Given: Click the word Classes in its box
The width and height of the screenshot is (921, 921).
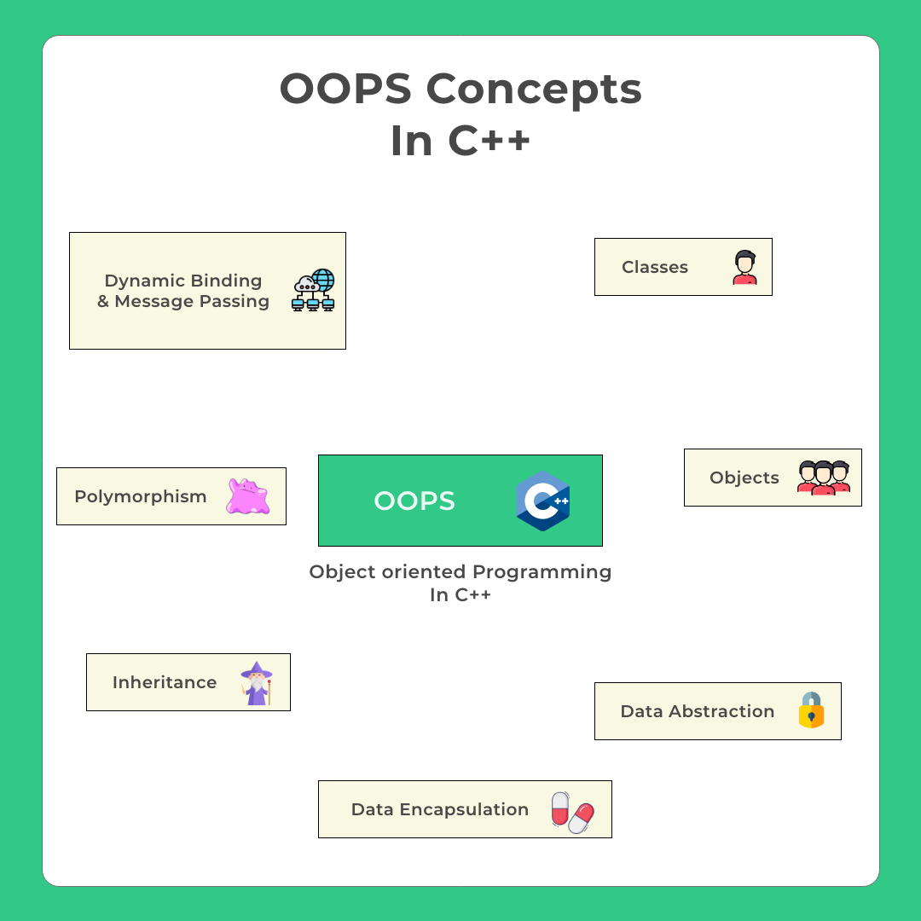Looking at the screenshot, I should [654, 267].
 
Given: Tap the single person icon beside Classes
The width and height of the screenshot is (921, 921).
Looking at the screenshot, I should [744, 268].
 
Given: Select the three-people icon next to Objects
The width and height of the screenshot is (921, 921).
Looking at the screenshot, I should [824, 478].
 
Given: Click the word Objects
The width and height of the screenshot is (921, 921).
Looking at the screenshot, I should [744, 478].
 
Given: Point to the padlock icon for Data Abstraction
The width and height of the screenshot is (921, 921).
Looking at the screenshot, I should [811, 710].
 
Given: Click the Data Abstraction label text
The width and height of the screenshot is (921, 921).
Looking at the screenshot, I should [697, 711].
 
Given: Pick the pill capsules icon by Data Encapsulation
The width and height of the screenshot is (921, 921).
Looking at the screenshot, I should [572, 812].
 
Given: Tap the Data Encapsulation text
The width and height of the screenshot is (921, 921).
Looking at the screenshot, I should [439, 809].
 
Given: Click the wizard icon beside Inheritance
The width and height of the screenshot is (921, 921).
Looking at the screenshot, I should [256, 683].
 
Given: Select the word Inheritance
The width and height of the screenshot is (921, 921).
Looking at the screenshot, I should [164, 682].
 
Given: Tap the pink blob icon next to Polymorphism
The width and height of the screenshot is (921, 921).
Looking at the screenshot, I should [247, 496].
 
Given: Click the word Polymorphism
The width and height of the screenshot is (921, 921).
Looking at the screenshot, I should [140, 496].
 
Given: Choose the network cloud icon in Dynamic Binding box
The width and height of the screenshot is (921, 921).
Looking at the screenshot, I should [314, 291].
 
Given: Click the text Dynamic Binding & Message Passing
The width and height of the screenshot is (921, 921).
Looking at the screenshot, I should [182, 291].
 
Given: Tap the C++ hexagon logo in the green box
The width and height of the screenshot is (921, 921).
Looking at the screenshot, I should [543, 501].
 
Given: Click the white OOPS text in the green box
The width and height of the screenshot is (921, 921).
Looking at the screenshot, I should [414, 501].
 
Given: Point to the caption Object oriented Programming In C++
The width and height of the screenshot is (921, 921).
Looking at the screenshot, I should [460, 582].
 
